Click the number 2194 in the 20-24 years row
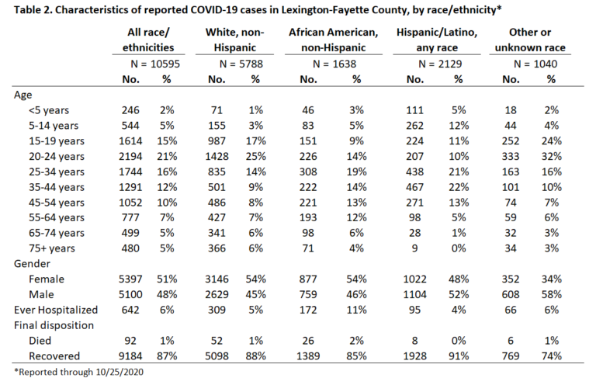(x=130, y=156)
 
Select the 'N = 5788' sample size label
(x=241, y=64)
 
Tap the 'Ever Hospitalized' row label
(x=56, y=310)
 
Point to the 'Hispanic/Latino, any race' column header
(x=437, y=40)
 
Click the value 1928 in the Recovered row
(x=414, y=356)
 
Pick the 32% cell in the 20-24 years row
(x=552, y=156)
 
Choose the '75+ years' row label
(x=52, y=248)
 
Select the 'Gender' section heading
(x=32, y=263)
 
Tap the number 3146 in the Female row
(x=217, y=279)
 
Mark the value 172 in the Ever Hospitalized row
(x=308, y=310)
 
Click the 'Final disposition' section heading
(x=54, y=325)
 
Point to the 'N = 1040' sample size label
(x=535, y=64)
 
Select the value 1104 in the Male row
(x=414, y=294)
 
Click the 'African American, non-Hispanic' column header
(x=334, y=40)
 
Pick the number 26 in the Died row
(x=308, y=341)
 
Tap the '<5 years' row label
(x=49, y=110)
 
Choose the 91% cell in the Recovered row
(x=459, y=356)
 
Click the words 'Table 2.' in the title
(x=33, y=9)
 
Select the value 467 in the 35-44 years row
(x=414, y=187)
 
